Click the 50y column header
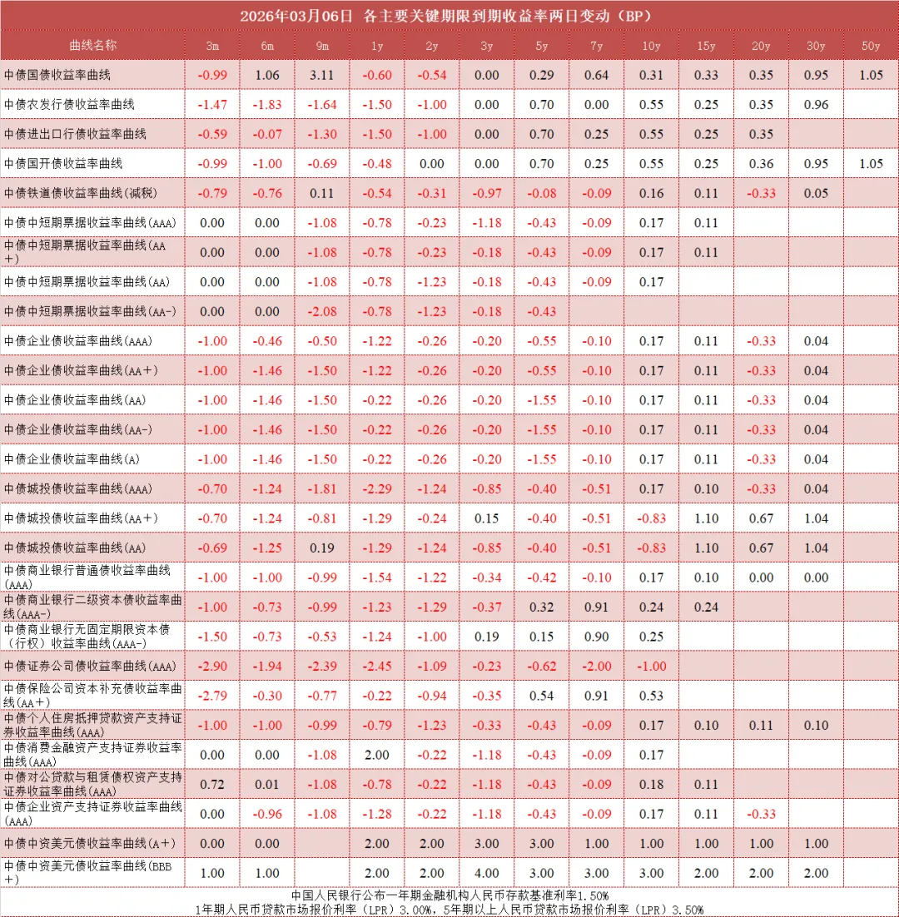pos(871,46)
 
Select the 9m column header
pos(322,46)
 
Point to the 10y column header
pos(652,46)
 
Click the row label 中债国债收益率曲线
pos(57,75)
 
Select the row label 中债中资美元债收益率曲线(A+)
pos(89,843)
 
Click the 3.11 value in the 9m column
pos(322,75)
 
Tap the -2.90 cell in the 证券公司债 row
pos(212,666)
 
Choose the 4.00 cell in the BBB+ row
pos(487,873)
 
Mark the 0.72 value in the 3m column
pos(212,784)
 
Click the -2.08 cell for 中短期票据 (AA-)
pos(322,311)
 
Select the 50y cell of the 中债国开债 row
pos(871,164)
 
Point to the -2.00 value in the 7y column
pos(597,666)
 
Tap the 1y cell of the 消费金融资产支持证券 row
pos(377,755)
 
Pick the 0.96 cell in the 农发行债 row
pos(817,105)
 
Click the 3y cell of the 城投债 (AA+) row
pos(487,518)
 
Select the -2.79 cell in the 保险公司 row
pos(212,696)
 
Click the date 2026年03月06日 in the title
pos(296,16)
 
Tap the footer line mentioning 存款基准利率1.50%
pos(449,895)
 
